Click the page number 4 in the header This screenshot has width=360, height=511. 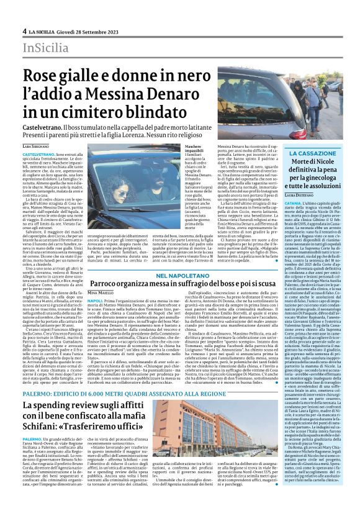(x=24, y=30)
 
